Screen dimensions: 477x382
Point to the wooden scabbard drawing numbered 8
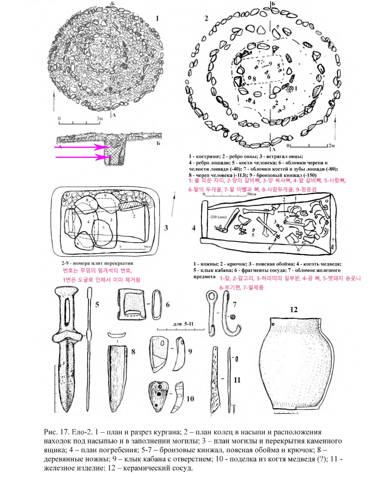[x=117, y=377]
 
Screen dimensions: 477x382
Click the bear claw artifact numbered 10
[x=159, y=395]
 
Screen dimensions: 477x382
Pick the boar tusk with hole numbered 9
[x=159, y=352]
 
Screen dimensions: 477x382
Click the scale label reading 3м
[x=100, y=118]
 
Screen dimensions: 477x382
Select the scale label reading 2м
[x=331, y=146]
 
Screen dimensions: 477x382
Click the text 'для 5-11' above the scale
[x=183, y=324]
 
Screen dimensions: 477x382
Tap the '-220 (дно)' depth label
[x=218, y=217]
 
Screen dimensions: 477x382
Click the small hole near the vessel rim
[x=274, y=324]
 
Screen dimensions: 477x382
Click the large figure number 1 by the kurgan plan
[x=157, y=18]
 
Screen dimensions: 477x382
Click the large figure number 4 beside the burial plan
[x=194, y=228]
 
